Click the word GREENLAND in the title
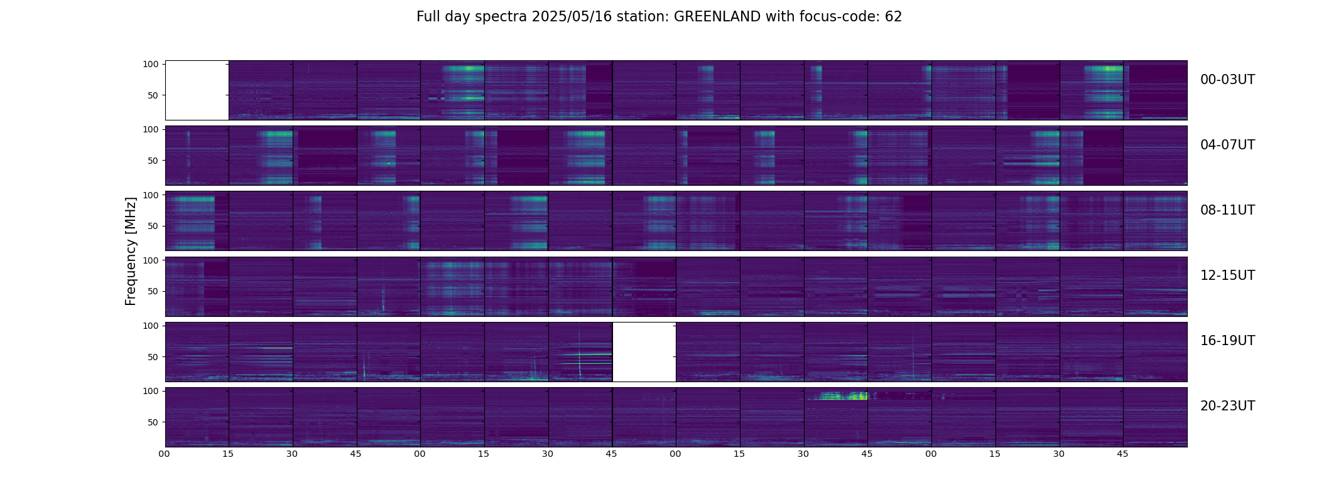click(x=717, y=17)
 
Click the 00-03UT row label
click(x=1227, y=80)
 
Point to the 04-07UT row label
click(x=1227, y=145)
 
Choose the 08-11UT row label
click(x=1227, y=210)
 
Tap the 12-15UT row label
click(x=1227, y=275)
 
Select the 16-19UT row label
click(x=1227, y=341)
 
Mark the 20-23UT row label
click(x=1227, y=406)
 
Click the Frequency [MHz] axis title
click(x=131, y=251)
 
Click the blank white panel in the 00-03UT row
click(x=197, y=90)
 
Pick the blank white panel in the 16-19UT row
click(x=644, y=352)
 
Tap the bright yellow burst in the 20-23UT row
click(x=842, y=396)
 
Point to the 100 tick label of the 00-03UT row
click(x=151, y=64)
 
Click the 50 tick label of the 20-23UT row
click(x=153, y=422)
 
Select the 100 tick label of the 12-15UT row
click(x=151, y=260)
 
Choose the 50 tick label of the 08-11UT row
click(x=153, y=226)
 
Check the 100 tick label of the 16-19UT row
click(x=151, y=326)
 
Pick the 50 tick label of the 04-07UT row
click(x=153, y=161)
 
